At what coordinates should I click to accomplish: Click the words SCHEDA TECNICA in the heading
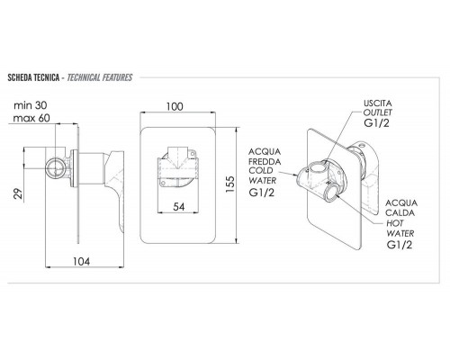(x=33, y=77)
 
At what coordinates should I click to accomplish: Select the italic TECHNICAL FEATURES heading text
(x=100, y=77)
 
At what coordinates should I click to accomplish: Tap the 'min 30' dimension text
(x=31, y=105)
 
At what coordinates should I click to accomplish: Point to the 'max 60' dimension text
(x=31, y=118)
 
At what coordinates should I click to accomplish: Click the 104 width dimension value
(x=81, y=262)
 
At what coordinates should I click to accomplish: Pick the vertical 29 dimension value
(x=19, y=193)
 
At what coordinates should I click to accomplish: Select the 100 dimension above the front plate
(x=175, y=106)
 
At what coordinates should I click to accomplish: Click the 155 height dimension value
(x=230, y=184)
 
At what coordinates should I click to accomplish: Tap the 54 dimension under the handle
(x=179, y=207)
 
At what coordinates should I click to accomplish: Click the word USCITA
(x=378, y=103)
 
